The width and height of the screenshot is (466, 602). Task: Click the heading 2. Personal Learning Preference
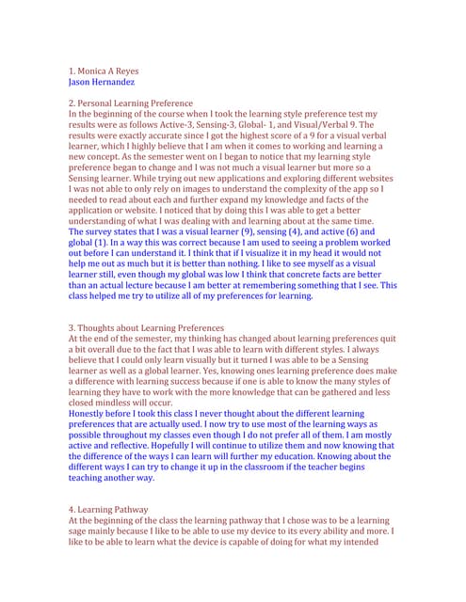[x=131, y=103]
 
